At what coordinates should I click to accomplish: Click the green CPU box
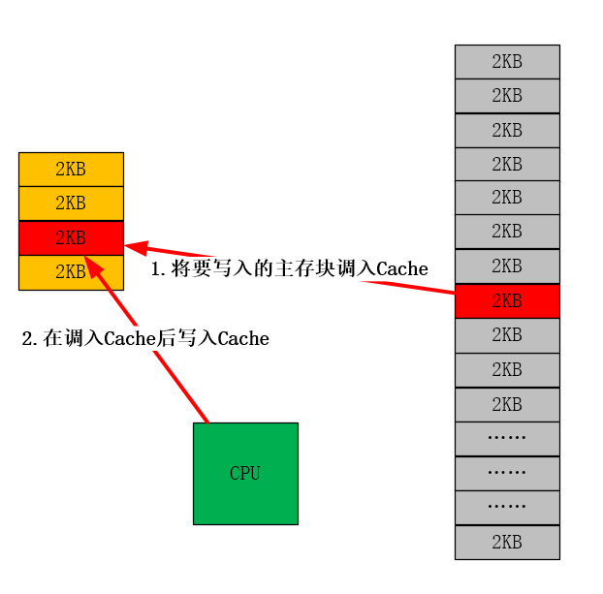point(245,473)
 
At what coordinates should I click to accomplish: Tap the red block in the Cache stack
point(71,237)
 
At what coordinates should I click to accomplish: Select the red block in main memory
point(507,300)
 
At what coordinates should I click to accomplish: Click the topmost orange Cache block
point(71,169)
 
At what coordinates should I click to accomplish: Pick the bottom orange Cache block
point(71,272)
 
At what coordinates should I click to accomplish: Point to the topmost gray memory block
point(507,61)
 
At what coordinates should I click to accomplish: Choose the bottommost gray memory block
point(507,542)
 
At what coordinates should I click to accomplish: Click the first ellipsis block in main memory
point(507,438)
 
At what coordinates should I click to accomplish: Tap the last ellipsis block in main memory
point(507,507)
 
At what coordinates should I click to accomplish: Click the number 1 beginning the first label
point(155,269)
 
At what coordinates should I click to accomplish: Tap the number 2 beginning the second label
point(27,339)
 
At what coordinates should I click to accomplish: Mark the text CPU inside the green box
point(245,474)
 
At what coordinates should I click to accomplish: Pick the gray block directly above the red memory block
point(507,266)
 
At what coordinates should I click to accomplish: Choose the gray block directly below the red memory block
point(507,335)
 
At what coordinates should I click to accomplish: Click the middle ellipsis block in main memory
point(507,473)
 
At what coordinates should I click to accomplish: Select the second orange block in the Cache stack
point(71,203)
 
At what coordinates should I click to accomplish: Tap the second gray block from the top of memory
point(507,95)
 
